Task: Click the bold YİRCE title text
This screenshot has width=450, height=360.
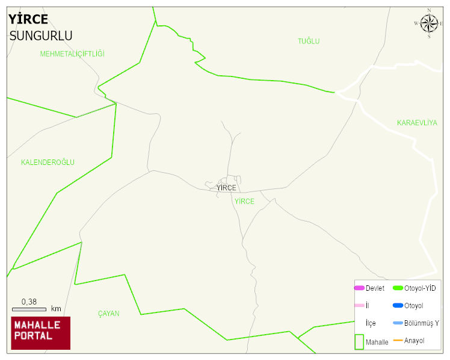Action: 28,19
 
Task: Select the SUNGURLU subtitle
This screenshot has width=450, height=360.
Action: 41,36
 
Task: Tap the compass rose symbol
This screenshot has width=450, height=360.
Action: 429,23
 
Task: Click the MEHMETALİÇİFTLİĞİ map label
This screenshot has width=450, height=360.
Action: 72,54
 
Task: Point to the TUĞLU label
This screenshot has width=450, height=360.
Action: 309,42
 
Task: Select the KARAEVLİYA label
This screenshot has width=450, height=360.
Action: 417,123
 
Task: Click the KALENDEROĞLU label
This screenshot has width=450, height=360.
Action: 48,163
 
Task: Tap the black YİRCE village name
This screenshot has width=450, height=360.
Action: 226,188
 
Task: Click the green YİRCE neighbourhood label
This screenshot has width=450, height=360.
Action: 244,202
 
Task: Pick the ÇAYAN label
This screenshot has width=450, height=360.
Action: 108,314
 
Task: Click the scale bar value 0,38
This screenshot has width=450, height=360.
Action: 29,302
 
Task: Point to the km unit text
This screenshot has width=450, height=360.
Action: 56,309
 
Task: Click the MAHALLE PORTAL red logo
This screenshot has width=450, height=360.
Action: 41,333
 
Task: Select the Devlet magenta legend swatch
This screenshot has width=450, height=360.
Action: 359,288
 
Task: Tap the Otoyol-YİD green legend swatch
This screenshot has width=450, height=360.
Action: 398,288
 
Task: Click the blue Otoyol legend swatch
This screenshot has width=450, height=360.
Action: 398,306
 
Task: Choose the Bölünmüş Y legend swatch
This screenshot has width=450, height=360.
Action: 398,323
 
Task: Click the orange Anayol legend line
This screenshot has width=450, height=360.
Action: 398,341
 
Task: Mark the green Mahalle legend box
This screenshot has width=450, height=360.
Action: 359,341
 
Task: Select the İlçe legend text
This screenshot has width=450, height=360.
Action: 371,323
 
